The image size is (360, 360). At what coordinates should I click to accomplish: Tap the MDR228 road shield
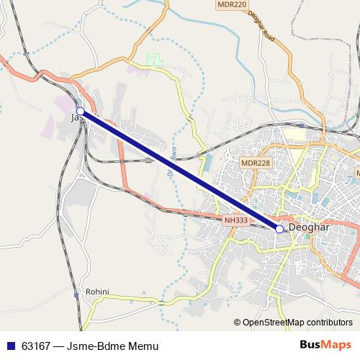click(256, 163)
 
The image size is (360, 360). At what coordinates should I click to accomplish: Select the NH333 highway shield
click(235, 220)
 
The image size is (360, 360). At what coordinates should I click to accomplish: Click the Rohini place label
click(96, 292)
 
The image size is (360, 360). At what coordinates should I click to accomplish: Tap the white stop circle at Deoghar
click(279, 229)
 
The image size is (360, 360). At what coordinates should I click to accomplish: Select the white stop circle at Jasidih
click(81, 112)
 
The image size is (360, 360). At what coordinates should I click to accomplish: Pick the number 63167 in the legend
click(34, 346)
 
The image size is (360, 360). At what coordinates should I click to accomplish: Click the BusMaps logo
click(325, 346)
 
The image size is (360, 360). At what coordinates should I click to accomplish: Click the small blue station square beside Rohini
click(76, 295)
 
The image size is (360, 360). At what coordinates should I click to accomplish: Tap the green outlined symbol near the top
click(151, 58)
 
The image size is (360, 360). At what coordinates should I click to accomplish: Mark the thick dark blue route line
click(180, 171)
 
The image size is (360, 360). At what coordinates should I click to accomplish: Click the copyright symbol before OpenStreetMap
click(238, 323)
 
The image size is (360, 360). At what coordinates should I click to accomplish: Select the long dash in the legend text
click(63, 346)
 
